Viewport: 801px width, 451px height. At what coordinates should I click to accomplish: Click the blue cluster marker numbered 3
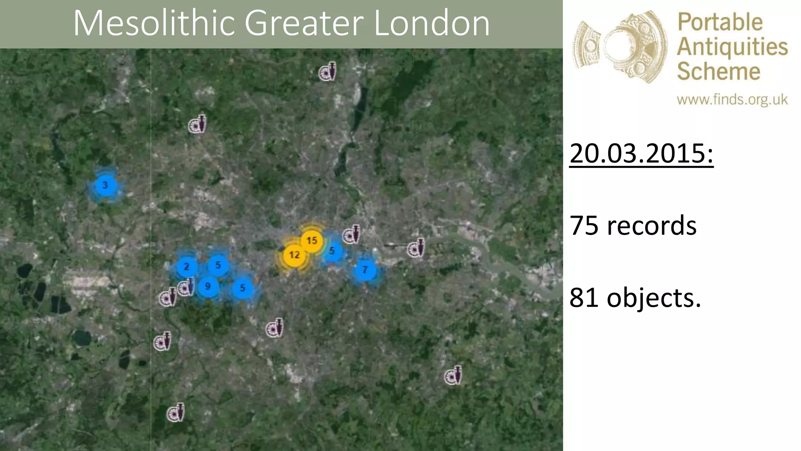(105, 185)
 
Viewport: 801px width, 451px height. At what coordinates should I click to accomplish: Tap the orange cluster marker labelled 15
(312, 240)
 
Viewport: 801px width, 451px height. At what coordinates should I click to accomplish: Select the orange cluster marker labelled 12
(294, 255)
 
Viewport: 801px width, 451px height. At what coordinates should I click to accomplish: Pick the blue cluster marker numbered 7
(365, 270)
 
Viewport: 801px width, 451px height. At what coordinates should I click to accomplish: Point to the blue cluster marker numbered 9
(208, 286)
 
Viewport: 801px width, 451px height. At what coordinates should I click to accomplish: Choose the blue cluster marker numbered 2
(187, 267)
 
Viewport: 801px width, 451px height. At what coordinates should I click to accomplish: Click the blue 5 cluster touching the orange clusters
(332, 251)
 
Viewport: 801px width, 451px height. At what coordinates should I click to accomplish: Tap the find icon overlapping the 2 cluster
(186, 288)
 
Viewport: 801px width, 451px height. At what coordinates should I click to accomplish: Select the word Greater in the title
(304, 23)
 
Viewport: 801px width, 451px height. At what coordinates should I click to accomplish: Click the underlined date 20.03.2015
(641, 153)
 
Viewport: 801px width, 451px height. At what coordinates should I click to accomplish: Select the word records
(652, 226)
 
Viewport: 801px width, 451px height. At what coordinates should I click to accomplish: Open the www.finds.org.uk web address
(732, 100)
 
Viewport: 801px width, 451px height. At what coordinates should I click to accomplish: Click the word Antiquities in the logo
(732, 47)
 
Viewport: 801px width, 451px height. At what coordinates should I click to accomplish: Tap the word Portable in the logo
(720, 22)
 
